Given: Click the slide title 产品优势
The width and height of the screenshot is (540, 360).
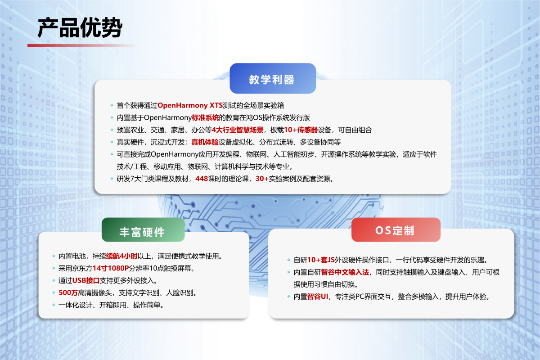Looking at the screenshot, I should point(79,28).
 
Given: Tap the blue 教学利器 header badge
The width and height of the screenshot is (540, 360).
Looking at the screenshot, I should point(272,79).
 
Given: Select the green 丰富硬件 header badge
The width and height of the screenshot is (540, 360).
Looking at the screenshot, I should point(143,232).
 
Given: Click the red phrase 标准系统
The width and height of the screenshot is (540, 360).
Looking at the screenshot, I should point(205,118).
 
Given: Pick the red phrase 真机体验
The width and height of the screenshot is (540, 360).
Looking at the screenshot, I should point(205,142).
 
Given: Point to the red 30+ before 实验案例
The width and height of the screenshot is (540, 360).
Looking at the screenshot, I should point(262,179).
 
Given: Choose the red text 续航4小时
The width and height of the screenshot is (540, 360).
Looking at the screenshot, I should point(121,256).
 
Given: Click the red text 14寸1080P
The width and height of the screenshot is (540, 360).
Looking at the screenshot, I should point(111,269).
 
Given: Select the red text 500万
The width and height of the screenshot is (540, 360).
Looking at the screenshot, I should point(68,293).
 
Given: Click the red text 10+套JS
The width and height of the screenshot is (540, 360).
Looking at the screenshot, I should point(322,260).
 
